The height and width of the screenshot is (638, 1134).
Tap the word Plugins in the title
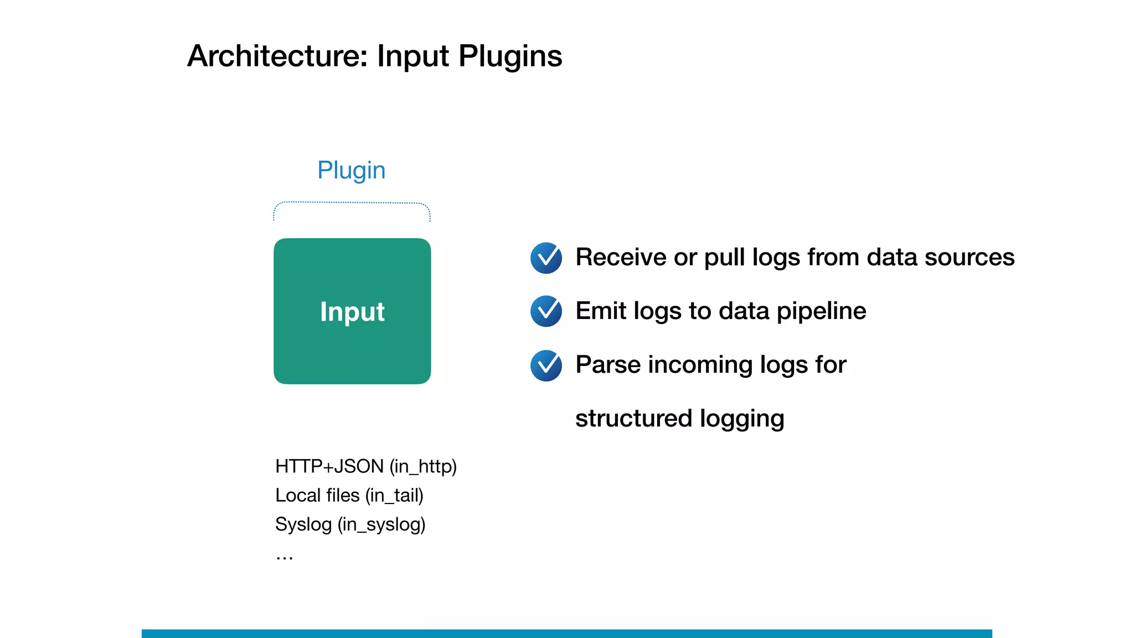click(x=510, y=57)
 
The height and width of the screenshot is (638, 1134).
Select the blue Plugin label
click(x=351, y=171)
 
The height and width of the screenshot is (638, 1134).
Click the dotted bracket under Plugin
click(x=352, y=203)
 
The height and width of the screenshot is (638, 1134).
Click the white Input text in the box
click(x=352, y=311)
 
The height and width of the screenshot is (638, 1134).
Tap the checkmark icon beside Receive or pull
click(x=546, y=258)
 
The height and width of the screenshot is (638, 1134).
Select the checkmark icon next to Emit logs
click(x=546, y=311)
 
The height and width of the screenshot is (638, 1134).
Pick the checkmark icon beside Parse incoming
click(x=546, y=366)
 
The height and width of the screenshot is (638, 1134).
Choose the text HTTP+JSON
click(x=329, y=466)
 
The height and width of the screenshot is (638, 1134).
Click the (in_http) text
click(x=423, y=466)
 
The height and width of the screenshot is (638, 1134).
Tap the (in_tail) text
click(x=394, y=495)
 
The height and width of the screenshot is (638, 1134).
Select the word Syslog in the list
click(x=303, y=524)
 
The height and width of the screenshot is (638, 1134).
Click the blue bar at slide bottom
click(x=566, y=633)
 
